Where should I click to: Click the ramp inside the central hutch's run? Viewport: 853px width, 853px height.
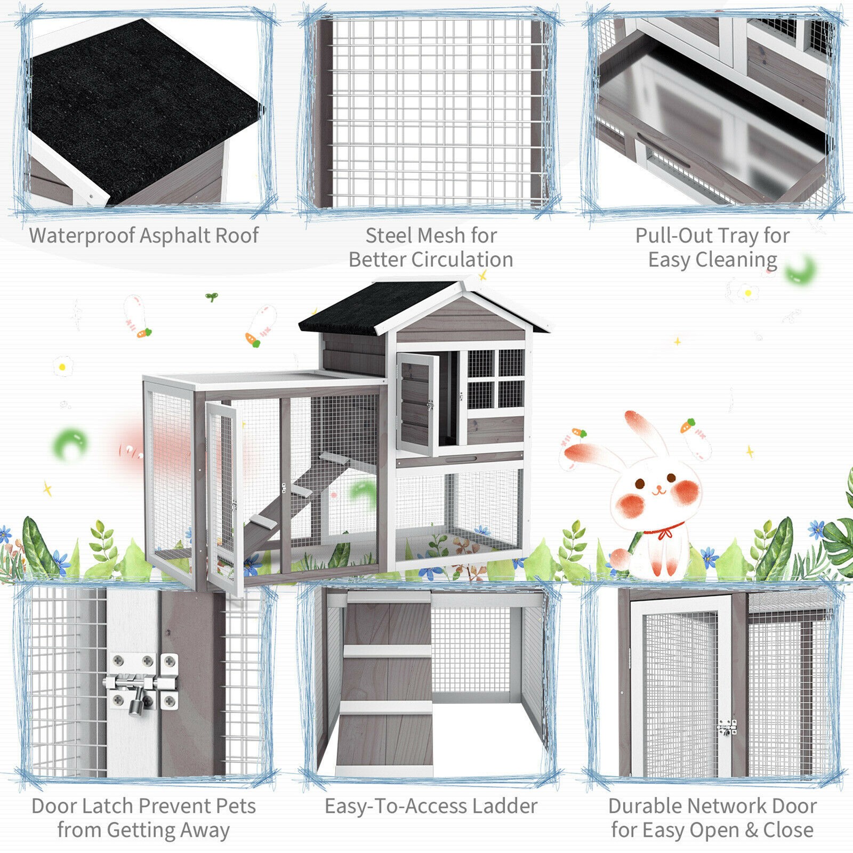pos(299,496)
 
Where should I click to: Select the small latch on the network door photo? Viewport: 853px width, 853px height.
pos(726,728)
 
